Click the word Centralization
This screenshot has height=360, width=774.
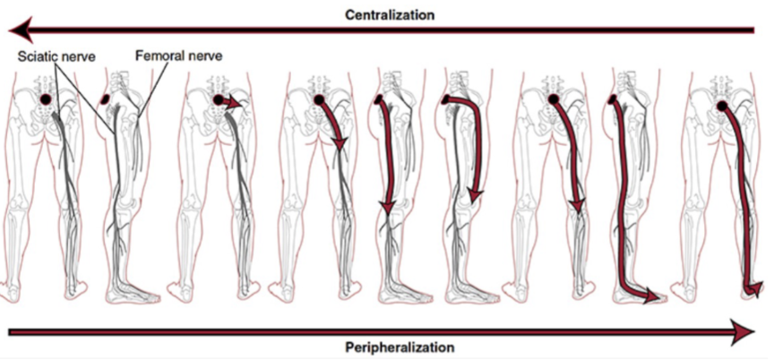click(x=391, y=15)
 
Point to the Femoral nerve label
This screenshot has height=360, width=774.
click(x=178, y=56)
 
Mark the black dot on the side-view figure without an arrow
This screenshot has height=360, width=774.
click(x=107, y=99)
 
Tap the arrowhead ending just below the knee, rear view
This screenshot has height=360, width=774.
click(x=579, y=208)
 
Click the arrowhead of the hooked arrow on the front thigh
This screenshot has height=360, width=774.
click(x=476, y=194)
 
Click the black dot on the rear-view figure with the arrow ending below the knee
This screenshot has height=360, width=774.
click(x=552, y=99)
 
